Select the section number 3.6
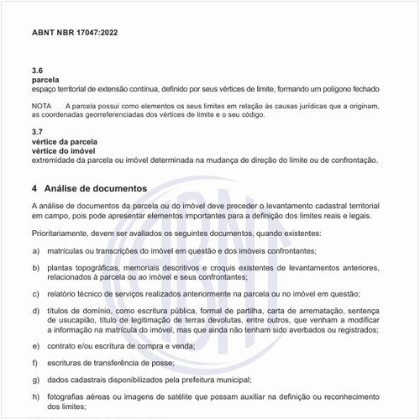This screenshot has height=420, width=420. tap(37, 70)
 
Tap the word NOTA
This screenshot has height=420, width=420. tap(42, 105)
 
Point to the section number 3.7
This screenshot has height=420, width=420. tap(37, 133)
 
